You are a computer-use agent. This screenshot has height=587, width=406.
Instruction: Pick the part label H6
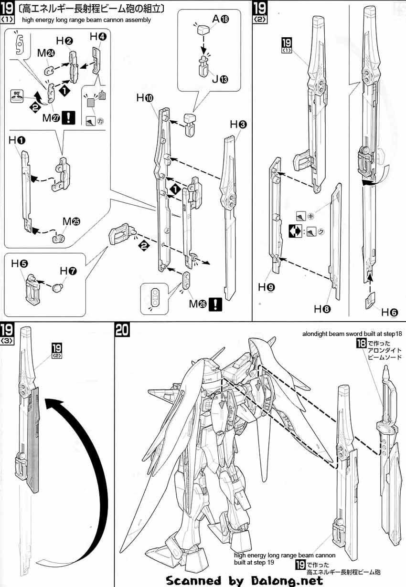(x=389, y=313)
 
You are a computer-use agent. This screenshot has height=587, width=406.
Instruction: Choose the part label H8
(x=322, y=309)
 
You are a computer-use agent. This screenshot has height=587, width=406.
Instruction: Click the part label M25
(x=71, y=222)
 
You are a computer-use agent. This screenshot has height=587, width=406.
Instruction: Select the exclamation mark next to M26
(x=216, y=304)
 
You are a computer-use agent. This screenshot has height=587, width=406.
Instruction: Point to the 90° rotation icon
(x=17, y=94)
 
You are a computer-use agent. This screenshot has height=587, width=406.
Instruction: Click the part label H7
(x=68, y=271)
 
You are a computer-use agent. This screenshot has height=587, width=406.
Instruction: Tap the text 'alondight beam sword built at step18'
(x=353, y=334)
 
